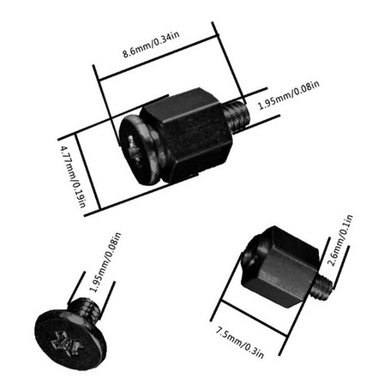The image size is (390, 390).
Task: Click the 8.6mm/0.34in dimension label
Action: (x=151, y=45)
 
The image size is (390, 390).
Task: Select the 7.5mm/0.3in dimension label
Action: (x=239, y=343)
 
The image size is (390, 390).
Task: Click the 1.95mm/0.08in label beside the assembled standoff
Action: (x=289, y=95)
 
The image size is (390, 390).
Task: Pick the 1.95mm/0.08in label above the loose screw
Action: (x=105, y=262)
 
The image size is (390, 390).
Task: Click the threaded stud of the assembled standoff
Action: (x=237, y=115)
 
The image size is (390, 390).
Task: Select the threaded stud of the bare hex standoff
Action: (x=323, y=286)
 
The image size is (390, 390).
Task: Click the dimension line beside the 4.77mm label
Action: (x=88, y=171)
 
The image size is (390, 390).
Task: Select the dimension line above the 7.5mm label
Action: (x=254, y=317)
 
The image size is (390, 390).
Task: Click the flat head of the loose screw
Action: (x=70, y=339)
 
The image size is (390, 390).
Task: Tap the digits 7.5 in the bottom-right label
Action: (x=222, y=333)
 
